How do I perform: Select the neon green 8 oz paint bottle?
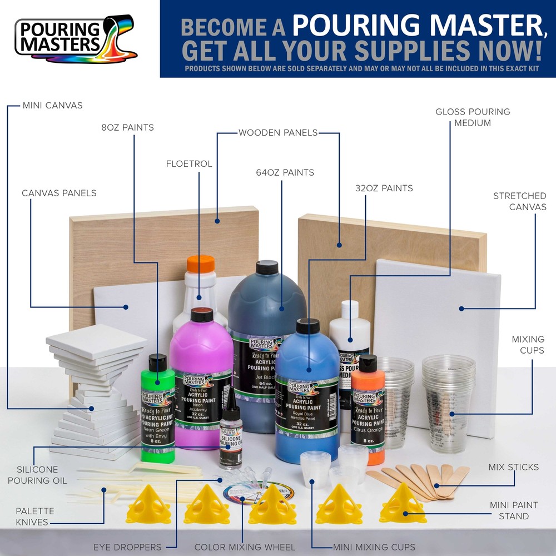tap(158, 411)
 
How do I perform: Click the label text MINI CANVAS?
tap(53, 105)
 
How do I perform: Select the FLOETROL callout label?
tap(189, 163)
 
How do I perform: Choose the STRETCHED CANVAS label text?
tap(519, 201)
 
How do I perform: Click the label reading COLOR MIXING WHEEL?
tap(245, 547)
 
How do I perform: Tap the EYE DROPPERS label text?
tap(127, 547)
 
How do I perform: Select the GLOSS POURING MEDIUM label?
tap(473, 117)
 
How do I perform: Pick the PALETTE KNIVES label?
tap(34, 517)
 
